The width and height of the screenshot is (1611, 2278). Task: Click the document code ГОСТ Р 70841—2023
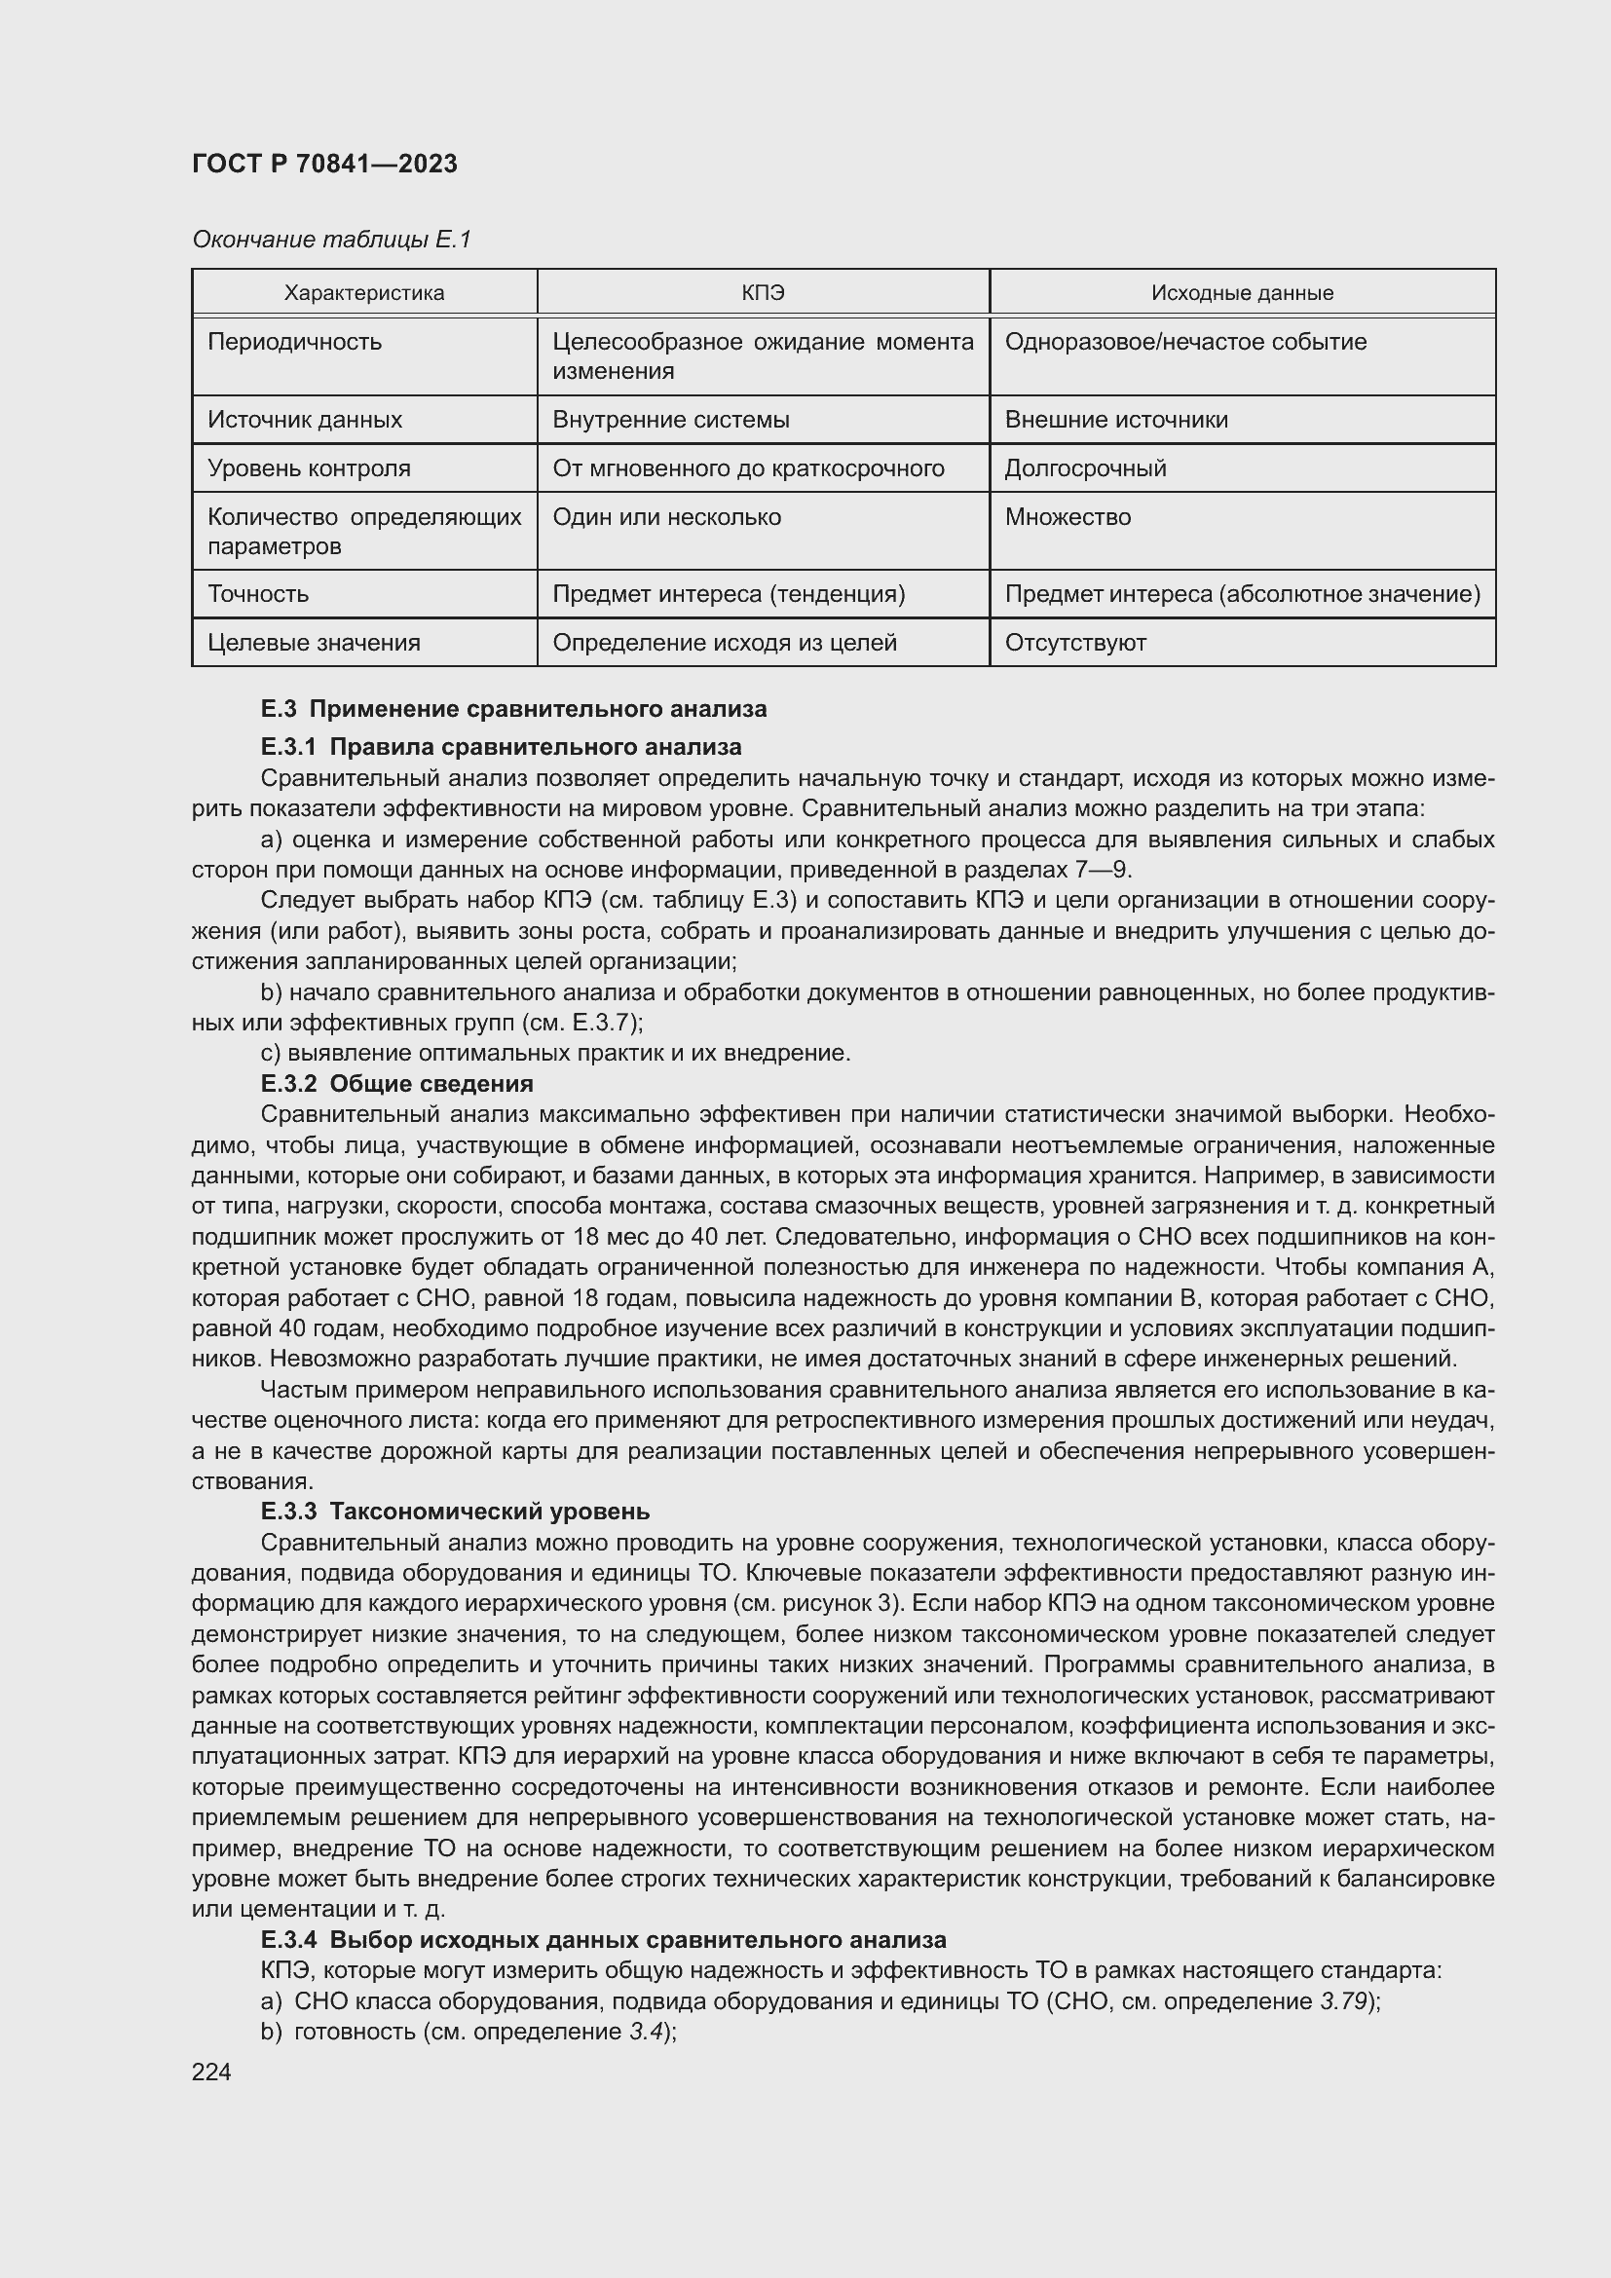click(x=324, y=165)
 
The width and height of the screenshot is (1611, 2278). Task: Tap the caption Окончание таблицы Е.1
click(x=331, y=240)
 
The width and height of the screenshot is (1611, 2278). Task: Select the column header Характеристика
click(x=364, y=293)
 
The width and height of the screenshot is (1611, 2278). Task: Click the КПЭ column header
click(x=763, y=293)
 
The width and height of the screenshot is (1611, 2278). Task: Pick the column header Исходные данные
click(x=1242, y=293)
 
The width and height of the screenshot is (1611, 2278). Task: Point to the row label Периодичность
click(x=294, y=342)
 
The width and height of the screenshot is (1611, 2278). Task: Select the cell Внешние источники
click(x=1116, y=420)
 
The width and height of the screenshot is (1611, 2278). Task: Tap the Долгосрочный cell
click(x=1085, y=468)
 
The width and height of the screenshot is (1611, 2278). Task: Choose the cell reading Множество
click(x=1068, y=517)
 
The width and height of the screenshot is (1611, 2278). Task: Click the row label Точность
click(x=258, y=594)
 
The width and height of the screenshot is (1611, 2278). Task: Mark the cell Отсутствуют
click(x=1075, y=643)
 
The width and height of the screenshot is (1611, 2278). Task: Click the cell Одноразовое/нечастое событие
click(x=1185, y=342)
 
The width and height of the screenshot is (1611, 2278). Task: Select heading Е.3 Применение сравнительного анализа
click(x=513, y=709)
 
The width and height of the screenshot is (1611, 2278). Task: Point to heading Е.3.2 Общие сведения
click(x=396, y=1083)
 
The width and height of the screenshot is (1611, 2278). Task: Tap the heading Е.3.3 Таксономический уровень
click(x=455, y=1512)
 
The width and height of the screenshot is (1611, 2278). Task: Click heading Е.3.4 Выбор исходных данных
click(x=603, y=1940)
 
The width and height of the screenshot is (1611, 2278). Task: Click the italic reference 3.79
click(x=1344, y=2001)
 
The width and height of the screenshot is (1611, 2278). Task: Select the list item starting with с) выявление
click(x=555, y=1053)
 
